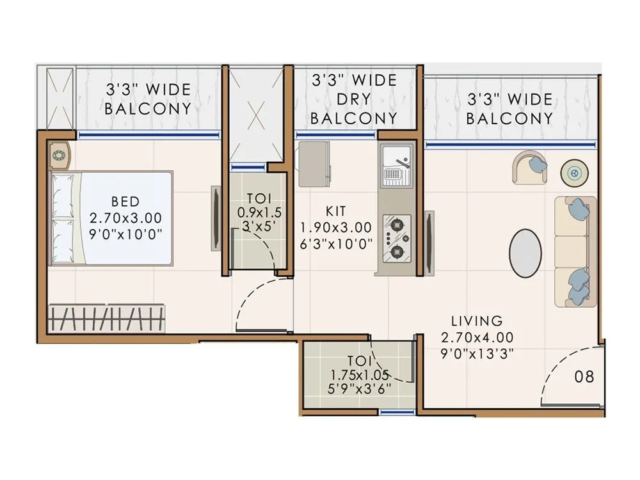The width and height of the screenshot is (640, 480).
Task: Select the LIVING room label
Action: (476, 320)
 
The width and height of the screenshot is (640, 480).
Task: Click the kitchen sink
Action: (396, 163)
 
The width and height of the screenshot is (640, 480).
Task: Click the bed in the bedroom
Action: (111, 218)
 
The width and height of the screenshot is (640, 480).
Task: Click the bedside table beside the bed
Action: (59, 155)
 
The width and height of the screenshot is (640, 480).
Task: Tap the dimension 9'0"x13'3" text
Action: (476, 351)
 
